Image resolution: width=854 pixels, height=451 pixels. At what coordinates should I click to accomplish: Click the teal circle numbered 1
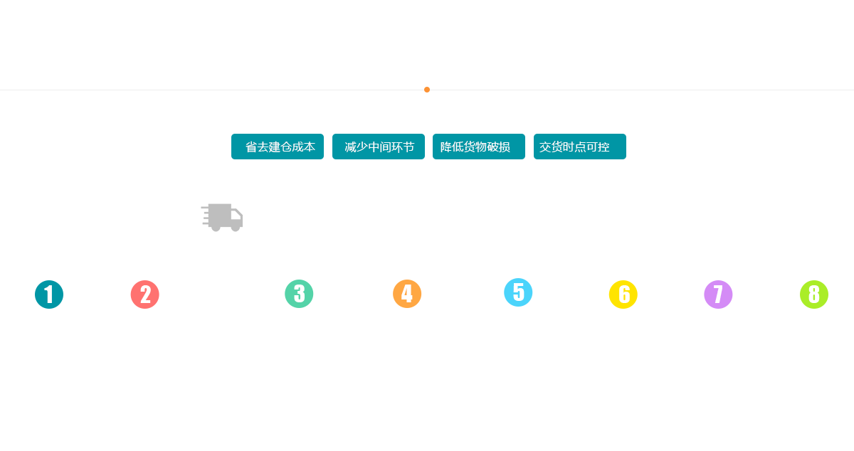point(49,295)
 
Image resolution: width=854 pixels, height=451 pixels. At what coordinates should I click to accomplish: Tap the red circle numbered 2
point(144,295)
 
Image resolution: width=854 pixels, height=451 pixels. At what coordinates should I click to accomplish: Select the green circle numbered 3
point(299,293)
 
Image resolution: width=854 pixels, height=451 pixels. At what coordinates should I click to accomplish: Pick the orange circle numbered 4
point(406,293)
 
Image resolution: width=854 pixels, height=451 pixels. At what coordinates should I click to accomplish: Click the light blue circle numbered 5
point(518,292)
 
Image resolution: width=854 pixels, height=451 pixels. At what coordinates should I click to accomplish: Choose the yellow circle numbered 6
point(623,295)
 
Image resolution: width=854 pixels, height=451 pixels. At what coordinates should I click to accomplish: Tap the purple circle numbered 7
point(717,295)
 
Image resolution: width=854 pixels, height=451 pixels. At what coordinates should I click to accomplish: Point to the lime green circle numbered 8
point(813,295)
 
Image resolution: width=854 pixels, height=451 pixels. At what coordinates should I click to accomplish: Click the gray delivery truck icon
point(222,217)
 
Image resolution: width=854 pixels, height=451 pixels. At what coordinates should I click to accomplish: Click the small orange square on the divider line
point(426,89)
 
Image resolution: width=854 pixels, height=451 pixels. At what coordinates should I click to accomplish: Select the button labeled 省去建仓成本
point(277,147)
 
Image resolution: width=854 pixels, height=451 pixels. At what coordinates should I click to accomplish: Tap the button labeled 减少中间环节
point(379,147)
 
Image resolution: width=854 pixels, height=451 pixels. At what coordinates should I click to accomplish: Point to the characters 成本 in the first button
point(303,147)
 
